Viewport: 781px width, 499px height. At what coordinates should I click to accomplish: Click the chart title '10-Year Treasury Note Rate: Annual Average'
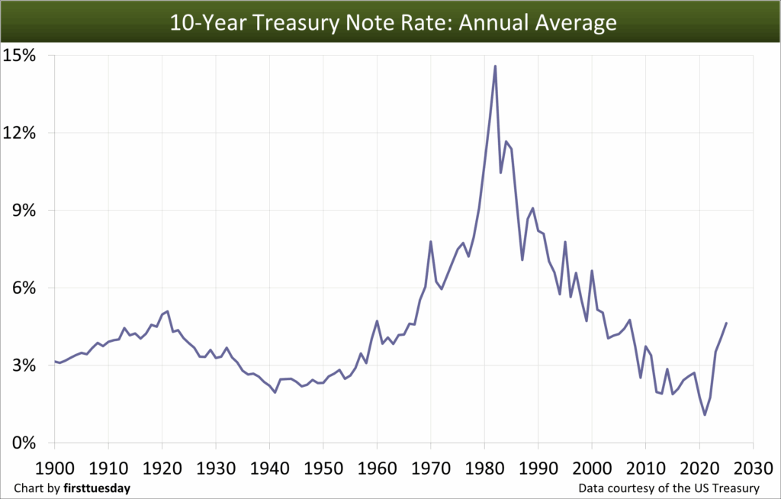(390, 21)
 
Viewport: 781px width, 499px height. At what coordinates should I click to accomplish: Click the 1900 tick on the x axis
(55, 465)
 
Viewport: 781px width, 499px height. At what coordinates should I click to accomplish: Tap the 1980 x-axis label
(485, 465)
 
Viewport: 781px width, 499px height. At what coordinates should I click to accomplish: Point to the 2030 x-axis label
(754, 465)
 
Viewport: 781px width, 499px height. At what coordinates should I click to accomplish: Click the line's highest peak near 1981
(495, 66)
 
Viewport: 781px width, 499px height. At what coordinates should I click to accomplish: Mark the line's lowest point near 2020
(705, 414)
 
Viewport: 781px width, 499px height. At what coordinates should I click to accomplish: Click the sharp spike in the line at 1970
(431, 242)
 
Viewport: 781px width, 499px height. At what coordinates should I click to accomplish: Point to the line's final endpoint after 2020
(726, 324)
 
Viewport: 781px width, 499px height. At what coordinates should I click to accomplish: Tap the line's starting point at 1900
(55, 361)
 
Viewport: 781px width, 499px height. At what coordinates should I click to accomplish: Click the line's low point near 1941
(275, 392)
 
